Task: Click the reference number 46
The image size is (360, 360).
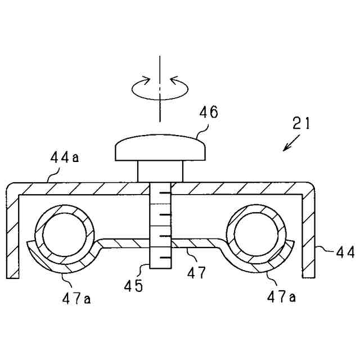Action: (209, 113)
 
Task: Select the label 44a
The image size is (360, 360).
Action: (64, 159)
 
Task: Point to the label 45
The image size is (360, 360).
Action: (134, 286)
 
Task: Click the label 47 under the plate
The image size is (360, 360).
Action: (197, 274)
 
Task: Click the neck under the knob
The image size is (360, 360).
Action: (160, 171)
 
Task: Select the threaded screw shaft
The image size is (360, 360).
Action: (160, 225)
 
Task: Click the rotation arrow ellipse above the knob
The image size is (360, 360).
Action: (160, 88)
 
